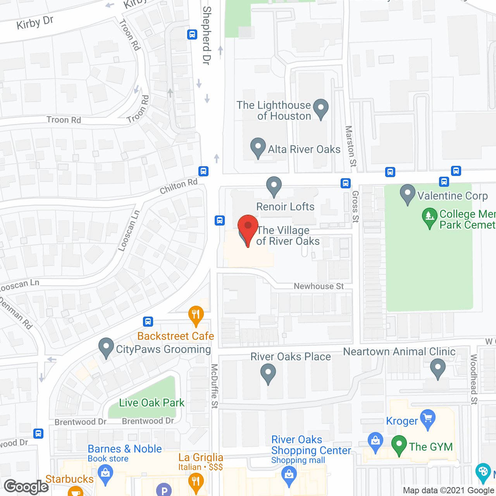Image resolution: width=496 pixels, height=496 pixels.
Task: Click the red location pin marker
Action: tap(248, 227)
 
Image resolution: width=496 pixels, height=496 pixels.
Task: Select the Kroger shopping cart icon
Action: tap(428, 418)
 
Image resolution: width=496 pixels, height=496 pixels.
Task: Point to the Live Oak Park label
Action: tap(152, 403)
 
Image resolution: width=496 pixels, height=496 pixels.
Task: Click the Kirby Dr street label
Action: tap(35, 23)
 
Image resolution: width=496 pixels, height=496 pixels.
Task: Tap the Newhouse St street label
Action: tap(319, 286)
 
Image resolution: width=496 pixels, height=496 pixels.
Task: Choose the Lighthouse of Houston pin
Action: tap(320, 108)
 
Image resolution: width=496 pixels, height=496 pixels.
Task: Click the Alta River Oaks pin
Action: tap(258, 147)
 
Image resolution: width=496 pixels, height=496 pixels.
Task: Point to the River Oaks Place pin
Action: tap(268, 374)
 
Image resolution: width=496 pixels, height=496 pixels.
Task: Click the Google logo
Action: tap(26, 487)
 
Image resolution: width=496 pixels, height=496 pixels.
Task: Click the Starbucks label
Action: tap(69, 479)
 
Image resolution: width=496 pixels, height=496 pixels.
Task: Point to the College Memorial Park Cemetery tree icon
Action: tap(429, 217)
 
